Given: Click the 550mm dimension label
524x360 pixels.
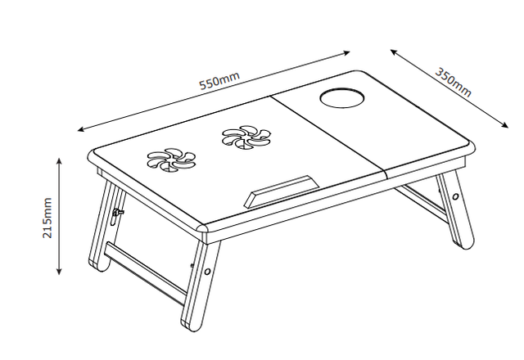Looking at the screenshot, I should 219,82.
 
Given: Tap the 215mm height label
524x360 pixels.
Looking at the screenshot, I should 47,218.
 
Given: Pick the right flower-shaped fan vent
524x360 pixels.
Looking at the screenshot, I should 244,137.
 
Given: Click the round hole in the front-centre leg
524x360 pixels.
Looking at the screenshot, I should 209,271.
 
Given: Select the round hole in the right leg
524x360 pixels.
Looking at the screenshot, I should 454,196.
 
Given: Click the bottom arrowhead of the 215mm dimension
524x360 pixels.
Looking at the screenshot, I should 60,272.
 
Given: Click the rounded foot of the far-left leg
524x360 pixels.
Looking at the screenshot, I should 98,267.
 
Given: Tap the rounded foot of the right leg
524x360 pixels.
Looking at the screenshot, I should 463,245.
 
